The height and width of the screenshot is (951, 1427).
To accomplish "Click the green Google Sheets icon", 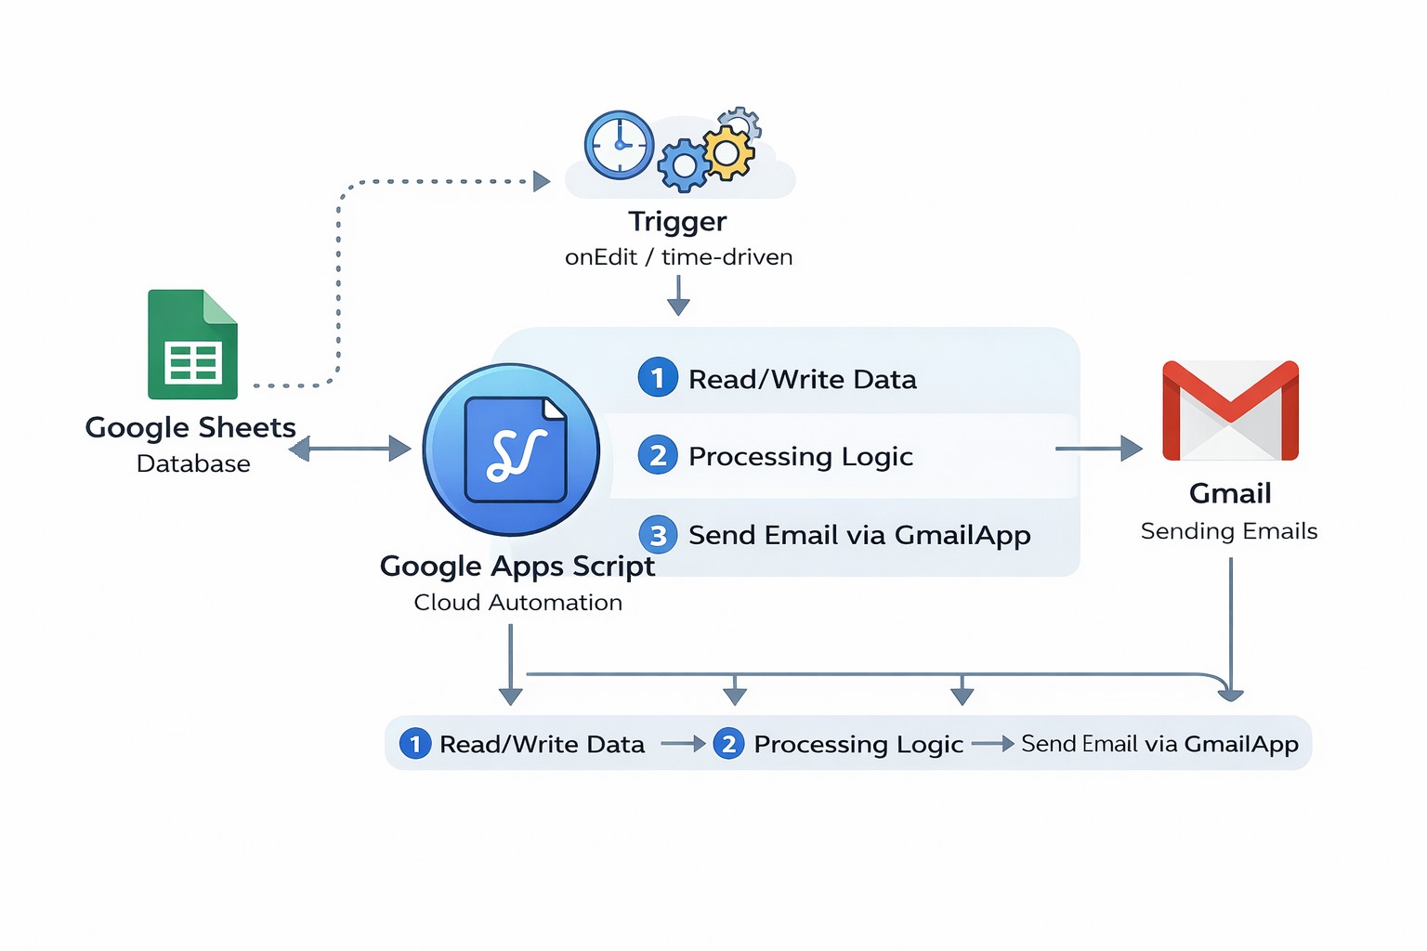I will pos(192,345).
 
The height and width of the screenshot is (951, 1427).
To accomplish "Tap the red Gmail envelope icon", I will pos(1230,410).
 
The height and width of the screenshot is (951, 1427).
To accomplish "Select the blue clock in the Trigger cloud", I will pos(619,145).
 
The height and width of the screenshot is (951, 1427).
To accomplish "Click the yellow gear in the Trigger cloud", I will pos(728,153).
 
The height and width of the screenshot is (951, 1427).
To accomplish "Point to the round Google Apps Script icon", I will pos(511,449).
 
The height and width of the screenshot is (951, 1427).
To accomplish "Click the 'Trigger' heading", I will pos(677,221).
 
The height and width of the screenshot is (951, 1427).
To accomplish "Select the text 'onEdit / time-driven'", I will pos(678,257).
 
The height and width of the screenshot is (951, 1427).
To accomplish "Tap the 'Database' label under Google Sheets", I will pos(193,463).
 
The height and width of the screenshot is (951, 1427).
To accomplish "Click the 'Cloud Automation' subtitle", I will pos(517,603).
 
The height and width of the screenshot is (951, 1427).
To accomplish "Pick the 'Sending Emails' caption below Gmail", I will pos(1228,531).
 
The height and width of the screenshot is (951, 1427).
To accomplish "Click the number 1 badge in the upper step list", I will pos(658,378).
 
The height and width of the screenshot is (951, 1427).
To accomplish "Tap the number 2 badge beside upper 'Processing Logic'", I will pos(658,456).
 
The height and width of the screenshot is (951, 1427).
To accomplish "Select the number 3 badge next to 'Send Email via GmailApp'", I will pos(658,535).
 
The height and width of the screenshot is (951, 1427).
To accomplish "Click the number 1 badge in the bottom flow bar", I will pos(415,744).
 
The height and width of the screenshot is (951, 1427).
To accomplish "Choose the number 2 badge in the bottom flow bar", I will pos(728,744).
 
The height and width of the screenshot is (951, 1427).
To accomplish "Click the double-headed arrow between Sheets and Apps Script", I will pos(349,449).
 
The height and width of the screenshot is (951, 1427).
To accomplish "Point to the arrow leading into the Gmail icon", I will pos(1098,449).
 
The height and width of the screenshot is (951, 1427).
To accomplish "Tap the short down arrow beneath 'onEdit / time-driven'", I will pos(678,296).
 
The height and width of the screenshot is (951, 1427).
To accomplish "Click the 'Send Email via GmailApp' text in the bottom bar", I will pos(1159,744).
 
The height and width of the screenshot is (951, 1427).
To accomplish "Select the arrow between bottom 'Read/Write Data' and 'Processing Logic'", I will pos(683,744).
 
